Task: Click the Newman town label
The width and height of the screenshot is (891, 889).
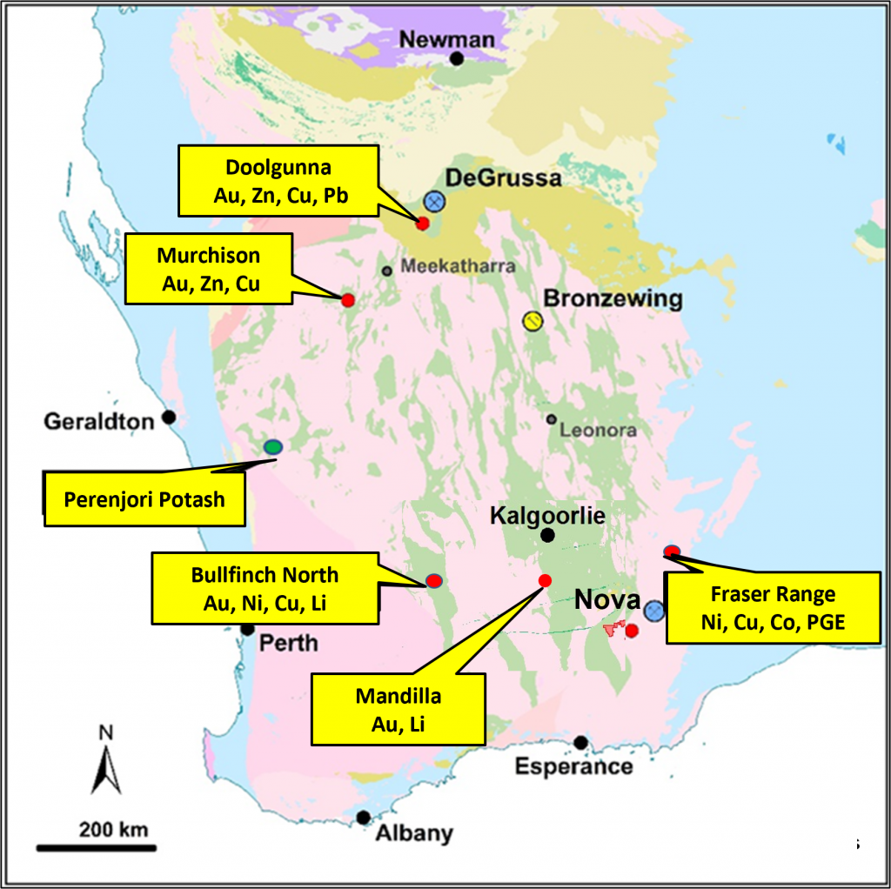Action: click(x=446, y=39)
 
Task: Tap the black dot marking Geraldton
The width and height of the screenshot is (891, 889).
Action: click(x=169, y=418)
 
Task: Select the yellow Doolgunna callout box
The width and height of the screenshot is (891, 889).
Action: click(x=278, y=181)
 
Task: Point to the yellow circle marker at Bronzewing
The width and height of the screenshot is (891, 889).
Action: click(x=533, y=321)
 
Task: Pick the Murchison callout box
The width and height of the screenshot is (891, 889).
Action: click(x=209, y=269)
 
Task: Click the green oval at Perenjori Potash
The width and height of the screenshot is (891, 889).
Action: click(x=273, y=447)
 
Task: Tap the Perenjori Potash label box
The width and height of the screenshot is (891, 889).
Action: click(x=144, y=499)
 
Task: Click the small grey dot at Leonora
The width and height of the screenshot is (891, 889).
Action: click(x=552, y=419)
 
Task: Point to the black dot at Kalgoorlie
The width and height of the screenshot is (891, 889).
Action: click(x=547, y=535)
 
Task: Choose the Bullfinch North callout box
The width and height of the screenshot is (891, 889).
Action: click(x=265, y=588)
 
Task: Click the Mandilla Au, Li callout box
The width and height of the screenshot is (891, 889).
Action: click(x=398, y=709)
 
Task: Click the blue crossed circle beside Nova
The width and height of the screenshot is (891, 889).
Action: click(x=654, y=611)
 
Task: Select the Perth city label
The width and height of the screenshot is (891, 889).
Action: click(x=289, y=645)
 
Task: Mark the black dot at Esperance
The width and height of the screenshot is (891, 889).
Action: click(x=580, y=743)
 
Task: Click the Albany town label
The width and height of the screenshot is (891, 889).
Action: click(x=414, y=833)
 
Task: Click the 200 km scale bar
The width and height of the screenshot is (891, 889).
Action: click(x=94, y=846)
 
